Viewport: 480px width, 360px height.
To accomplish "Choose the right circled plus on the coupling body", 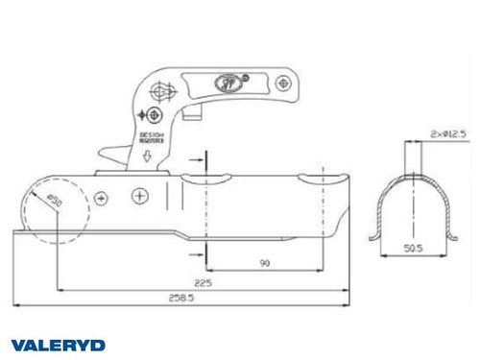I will click(140, 196).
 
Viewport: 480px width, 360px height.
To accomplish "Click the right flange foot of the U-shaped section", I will click(453, 237).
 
